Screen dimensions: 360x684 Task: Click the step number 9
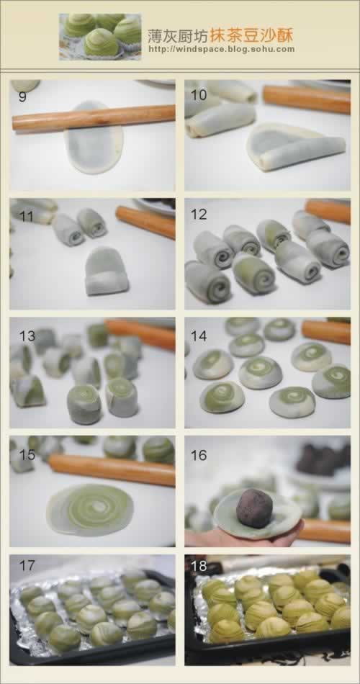pyautogui.click(x=23, y=96)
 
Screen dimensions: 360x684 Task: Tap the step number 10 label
pyautogui.click(x=199, y=95)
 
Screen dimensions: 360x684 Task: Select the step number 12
pyautogui.click(x=199, y=214)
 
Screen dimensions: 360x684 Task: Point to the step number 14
pyautogui.click(x=199, y=336)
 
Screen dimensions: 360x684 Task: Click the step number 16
pyautogui.click(x=199, y=455)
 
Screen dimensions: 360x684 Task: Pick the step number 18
pyautogui.click(x=199, y=567)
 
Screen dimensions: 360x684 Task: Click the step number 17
pyautogui.click(x=27, y=566)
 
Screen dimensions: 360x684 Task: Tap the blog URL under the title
pyautogui.click(x=222, y=49)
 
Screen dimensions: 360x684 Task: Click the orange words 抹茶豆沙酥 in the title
pyautogui.click(x=252, y=35)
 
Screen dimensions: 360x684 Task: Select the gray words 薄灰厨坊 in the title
pyautogui.click(x=178, y=35)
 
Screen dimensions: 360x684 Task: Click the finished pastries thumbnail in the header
pyautogui.click(x=100, y=37)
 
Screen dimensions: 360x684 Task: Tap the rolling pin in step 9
pyautogui.click(x=94, y=117)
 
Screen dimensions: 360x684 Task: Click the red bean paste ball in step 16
pyautogui.click(x=254, y=508)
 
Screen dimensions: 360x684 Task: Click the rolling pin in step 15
pyautogui.click(x=112, y=470)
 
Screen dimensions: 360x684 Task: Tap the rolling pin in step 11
pyautogui.click(x=145, y=222)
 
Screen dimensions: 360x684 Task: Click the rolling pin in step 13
pyautogui.click(x=140, y=334)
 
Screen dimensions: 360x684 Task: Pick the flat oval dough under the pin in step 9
pyautogui.click(x=94, y=138)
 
